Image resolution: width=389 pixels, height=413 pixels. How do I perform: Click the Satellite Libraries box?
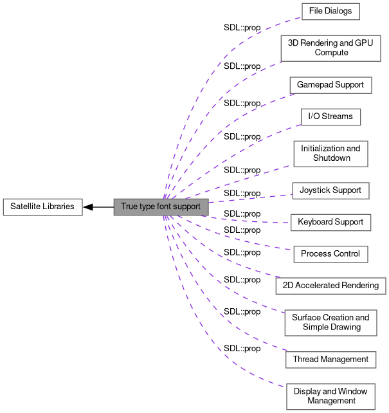[42, 207]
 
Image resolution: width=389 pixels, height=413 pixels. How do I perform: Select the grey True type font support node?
[161, 207]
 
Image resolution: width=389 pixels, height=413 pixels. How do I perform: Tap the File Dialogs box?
[330, 12]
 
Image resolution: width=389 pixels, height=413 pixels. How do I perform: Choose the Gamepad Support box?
[330, 85]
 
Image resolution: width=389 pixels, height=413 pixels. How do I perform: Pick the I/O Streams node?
[330, 117]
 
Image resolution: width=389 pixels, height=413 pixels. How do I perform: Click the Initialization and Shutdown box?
[330, 154]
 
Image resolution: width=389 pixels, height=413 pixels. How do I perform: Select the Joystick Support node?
[330, 190]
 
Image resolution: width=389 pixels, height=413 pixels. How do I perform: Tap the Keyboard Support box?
[330, 222]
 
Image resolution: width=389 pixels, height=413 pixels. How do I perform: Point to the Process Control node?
[330, 254]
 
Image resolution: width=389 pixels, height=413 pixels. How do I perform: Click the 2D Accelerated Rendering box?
[330, 286]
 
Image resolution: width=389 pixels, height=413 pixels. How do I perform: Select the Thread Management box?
[330, 360]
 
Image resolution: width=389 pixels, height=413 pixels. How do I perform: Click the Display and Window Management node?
[330, 396]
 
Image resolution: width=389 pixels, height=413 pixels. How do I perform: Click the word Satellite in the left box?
[26, 207]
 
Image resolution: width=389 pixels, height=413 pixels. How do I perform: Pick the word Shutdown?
[331, 158]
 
